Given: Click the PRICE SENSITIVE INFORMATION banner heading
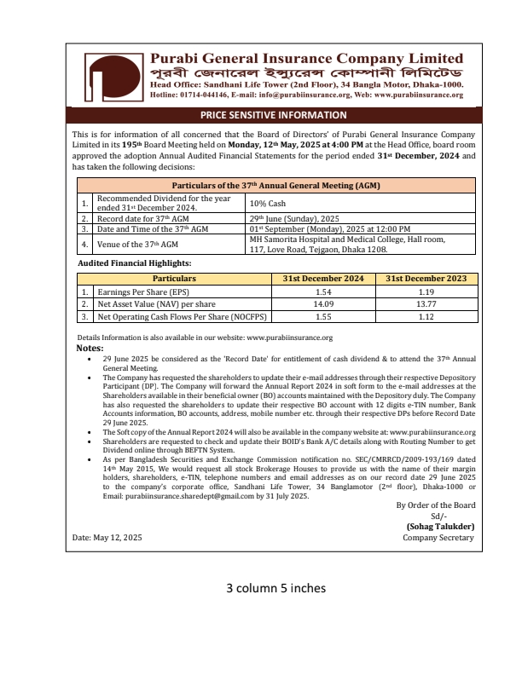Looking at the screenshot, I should click(x=273, y=115).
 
